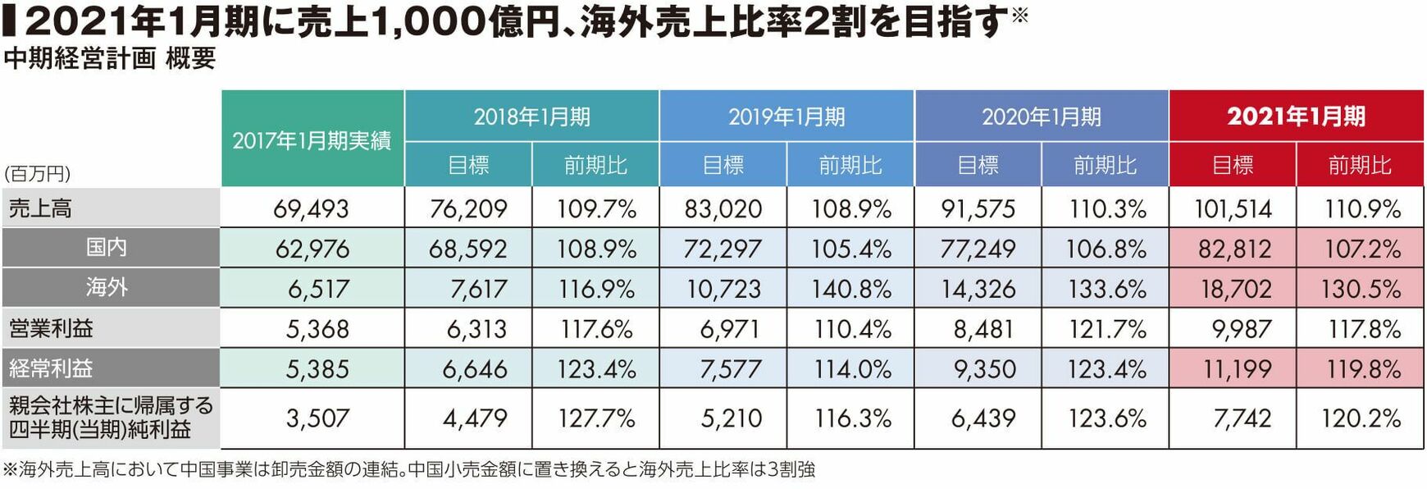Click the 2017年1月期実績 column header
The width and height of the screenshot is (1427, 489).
click(x=312, y=140)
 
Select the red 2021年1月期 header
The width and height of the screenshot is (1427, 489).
click(x=1296, y=117)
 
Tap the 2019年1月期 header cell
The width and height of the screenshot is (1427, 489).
click(x=786, y=117)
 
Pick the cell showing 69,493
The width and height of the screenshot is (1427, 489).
click(x=312, y=208)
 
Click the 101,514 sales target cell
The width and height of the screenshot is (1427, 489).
click(x=1233, y=208)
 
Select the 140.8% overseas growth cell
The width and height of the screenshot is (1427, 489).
click(x=850, y=289)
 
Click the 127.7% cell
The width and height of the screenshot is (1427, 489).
click(x=596, y=418)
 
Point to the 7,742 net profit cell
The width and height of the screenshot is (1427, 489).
click(x=1242, y=418)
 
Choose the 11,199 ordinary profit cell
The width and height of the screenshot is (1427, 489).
click(x=1237, y=369)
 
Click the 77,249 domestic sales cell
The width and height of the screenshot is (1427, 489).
click(x=978, y=249)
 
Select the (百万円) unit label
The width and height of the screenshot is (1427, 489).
click(x=38, y=174)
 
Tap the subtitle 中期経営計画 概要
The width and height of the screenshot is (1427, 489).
click(x=109, y=58)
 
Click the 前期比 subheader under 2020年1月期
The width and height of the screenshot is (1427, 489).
click(x=1105, y=166)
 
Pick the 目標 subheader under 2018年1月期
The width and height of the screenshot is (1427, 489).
click(x=468, y=166)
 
